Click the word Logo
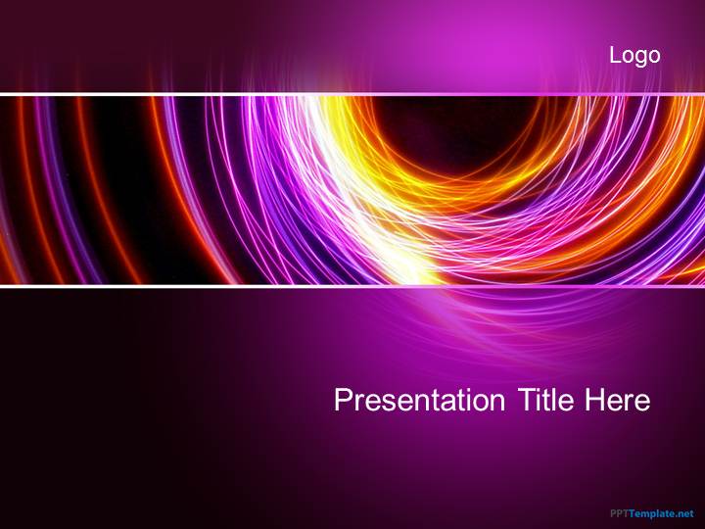(x=634, y=56)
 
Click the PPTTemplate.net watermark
(x=651, y=513)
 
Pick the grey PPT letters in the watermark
(x=619, y=513)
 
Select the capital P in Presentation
(x=343, y=400)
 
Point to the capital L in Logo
(x=615, y=56)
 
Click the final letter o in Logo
(x=654, y=58)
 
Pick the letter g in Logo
(x=640, y=59)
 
